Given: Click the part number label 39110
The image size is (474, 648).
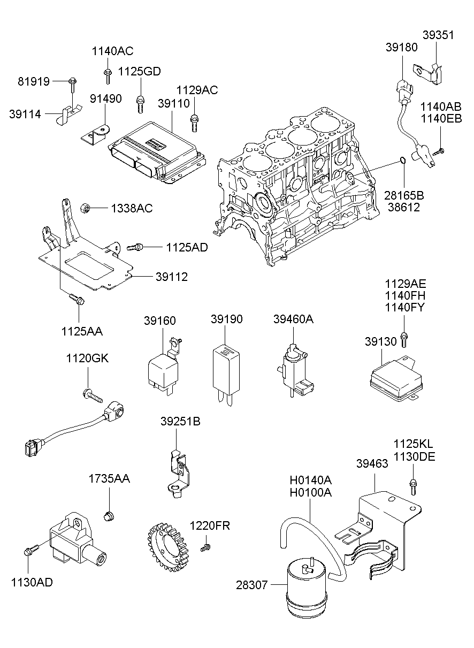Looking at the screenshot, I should pyautogui.click(x=174, y=102).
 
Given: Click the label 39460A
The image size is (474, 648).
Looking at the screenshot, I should pyautogui.click(x=293, y=319).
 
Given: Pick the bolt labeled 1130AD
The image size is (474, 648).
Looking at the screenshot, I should pyautogui.click(x=30, y=550).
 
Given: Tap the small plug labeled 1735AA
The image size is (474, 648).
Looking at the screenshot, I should pyautogui.click(x=109, y=516).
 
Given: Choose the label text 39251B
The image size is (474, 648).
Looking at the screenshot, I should pyautogui.click(x=180, y=422).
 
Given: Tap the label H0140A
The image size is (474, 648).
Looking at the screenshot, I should pyautogui.click(x=310, y=479).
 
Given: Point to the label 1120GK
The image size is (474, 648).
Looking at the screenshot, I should pyautogui.click(x=87, y=358).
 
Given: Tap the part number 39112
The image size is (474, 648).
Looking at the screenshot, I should pyautogui.click(x=172, y=277).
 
